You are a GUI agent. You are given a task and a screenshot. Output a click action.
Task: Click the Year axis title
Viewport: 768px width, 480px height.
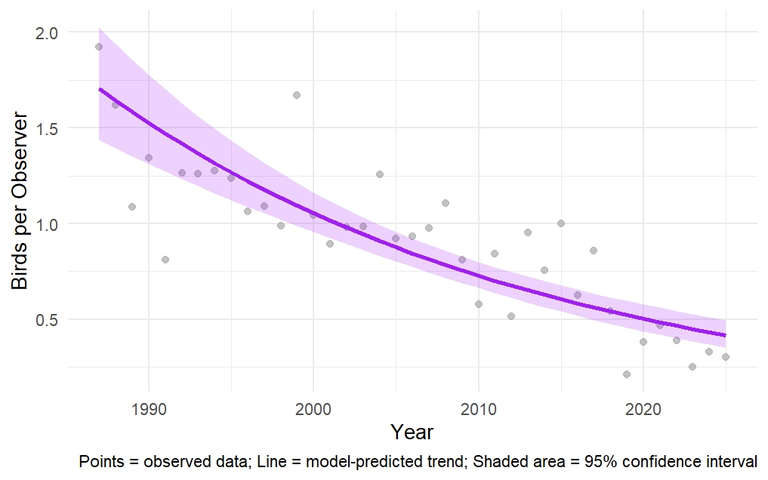(x=412, y=432)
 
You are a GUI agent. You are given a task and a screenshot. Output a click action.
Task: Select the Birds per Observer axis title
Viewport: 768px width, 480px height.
(x=20, y=202)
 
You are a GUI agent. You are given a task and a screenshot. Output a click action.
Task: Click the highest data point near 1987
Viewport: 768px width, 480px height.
(x=98, y=47)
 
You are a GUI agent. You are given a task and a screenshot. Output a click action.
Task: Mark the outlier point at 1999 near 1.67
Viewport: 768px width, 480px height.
(x=297, y=95)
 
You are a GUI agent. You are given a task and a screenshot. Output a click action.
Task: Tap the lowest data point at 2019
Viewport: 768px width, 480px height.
(x=626, y=374)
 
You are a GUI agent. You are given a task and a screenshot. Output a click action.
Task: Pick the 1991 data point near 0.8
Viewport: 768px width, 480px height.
(x=165, y=260)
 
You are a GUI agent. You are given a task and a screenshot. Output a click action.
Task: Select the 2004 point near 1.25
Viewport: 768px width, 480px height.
(x=380, y=174)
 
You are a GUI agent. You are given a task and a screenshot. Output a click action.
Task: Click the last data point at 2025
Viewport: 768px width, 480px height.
(x=725, y=357)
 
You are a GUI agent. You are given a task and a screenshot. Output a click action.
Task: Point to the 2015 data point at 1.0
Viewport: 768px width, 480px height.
(x=560, y=223)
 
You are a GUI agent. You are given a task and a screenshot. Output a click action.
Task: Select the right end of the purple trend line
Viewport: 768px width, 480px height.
(x=725, y=335)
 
